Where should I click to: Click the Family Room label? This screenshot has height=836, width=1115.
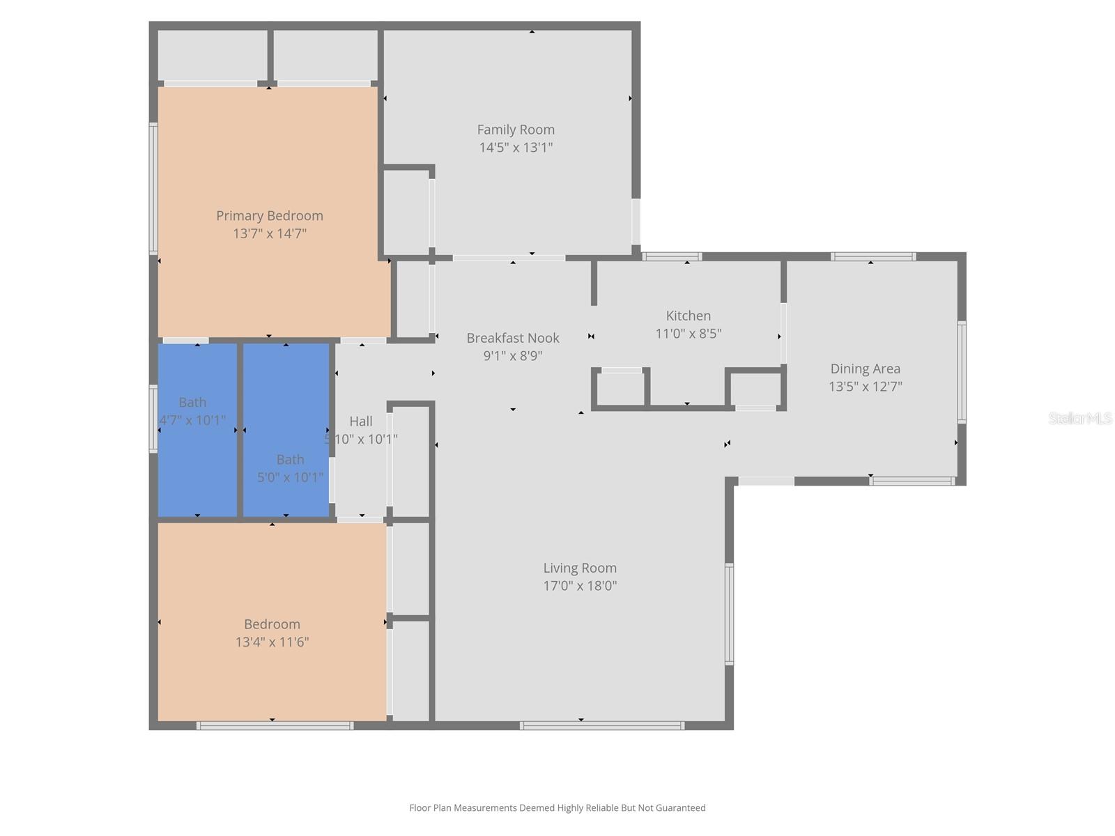tap(516, 130)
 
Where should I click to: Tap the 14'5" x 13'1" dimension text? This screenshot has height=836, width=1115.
tap(516, 147)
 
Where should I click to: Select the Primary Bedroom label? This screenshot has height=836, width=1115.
tap(269, 216)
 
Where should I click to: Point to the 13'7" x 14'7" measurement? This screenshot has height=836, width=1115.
tap(269, 233)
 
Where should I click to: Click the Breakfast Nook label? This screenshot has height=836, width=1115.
tap(513, 338)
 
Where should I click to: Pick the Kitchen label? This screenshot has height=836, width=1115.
tap(688, 316)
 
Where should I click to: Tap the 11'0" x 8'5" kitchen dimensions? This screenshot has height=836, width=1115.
tap(688, 334)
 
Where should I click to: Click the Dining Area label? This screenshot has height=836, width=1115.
tap(865, 369)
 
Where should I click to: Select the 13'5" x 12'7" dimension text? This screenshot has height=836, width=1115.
tap(865, 387)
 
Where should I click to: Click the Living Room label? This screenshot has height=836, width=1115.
tap(580, 568)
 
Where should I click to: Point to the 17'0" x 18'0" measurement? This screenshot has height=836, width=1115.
tap(580, 586)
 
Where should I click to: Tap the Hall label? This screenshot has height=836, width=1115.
tap(361, 421)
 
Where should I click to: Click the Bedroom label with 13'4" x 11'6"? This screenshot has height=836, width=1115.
tap(272, 624)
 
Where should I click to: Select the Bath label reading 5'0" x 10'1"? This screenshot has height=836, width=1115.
tap(290, 460)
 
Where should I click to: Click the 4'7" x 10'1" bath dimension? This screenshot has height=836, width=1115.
tap(192, 421)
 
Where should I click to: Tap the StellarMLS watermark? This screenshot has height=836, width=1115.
tap(1080, 418)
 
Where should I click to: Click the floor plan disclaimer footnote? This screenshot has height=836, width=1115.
tap(557, 808)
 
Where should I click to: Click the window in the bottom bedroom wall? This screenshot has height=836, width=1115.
tap(275, 726)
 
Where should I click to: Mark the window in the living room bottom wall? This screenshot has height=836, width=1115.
tap(601, 726)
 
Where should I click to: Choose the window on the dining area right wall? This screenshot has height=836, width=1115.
tap(962, 372)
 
